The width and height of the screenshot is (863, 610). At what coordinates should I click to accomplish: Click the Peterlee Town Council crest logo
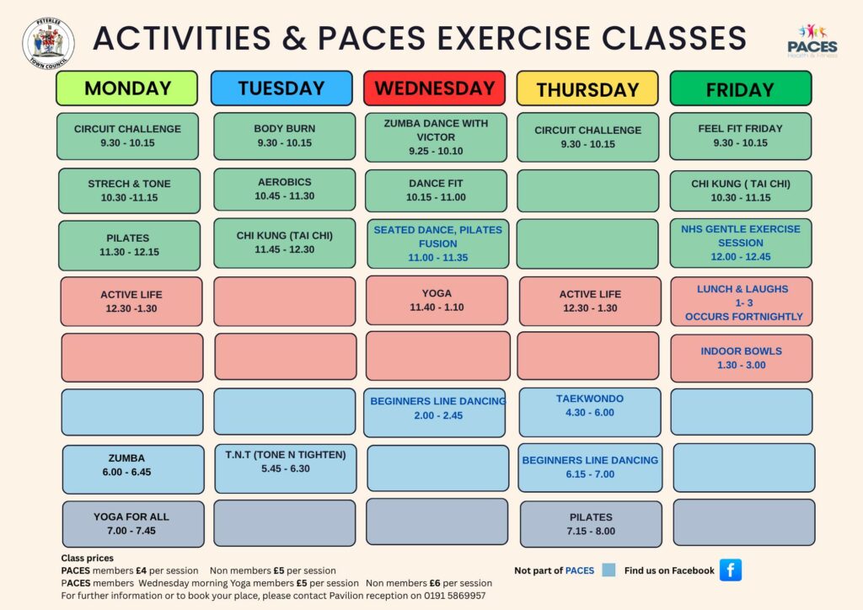[x=48, y=42]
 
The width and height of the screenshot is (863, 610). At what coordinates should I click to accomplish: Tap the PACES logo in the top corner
[x=812, y=40]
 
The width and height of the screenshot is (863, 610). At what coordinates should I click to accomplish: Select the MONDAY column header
[x=127, y=88]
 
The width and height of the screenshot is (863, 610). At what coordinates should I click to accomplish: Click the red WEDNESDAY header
[x=434, y=88]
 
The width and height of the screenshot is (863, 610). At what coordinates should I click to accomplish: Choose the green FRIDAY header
[x=740, y=89]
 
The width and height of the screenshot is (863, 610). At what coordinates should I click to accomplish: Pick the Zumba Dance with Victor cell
[x=436, y=136]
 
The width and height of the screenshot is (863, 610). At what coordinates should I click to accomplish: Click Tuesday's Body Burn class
[x=284, y=136]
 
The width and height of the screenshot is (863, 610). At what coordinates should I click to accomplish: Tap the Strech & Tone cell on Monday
[x=129, y=190]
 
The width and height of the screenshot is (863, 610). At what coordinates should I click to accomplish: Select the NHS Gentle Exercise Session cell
[x=741, y=243]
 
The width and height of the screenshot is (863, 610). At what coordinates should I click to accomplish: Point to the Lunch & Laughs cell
[x=742, y=302]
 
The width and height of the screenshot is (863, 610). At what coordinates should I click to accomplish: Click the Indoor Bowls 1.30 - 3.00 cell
[x=742, y=358]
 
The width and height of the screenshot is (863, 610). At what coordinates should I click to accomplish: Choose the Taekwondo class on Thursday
[x=590, y=405]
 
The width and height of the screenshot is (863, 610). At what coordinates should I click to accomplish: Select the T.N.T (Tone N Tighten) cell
[x=286, y=462]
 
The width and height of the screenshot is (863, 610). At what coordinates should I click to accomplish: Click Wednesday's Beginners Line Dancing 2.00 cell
[x=437, y=408]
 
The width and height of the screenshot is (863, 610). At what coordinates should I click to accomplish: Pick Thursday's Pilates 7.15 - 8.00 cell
[x=591, y=524]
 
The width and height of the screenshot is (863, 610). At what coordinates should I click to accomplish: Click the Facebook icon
[x=730, y=570]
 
